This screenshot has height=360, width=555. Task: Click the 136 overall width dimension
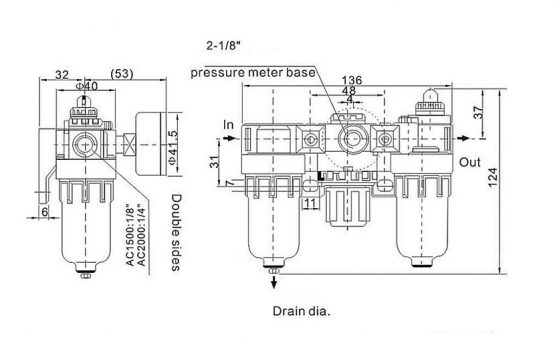pyautogui.click(x=352, y=80)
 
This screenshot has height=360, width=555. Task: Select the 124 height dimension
pyautogui.click(x=492, y=178)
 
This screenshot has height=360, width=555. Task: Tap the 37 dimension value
pyautogui.click(x=478, y=112)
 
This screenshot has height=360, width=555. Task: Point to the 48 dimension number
pyautogui.click(x=349, y=91)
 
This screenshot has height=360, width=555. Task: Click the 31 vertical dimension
pyautogui.click(x=215, y=161)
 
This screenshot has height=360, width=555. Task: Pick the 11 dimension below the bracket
pyautogui.click(x=310, y=203)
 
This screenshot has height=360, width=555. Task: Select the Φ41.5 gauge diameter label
pyautogui.click(x=172, y=147)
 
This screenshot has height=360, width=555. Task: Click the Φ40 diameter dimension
pyautogui.click(x=87, y=86)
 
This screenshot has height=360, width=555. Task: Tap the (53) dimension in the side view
pyautogui.click(x=122, y=74)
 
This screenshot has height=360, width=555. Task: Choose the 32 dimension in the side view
pyautogui.click(x=62, y=75)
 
